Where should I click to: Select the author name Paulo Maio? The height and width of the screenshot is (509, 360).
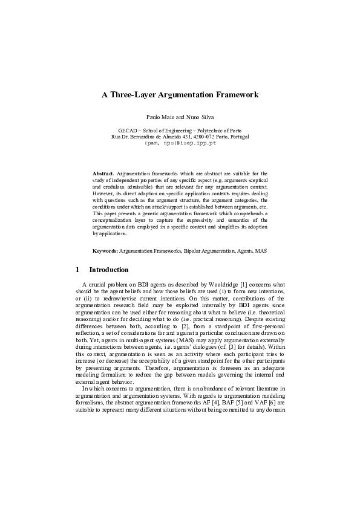(159, 115)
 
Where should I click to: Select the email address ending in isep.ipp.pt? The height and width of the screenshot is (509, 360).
(180, 144)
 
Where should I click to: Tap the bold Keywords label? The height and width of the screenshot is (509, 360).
(105, 250)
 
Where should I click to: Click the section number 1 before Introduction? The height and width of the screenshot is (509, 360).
(77, 270)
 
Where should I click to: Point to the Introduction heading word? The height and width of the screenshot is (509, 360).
(109, 270)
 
